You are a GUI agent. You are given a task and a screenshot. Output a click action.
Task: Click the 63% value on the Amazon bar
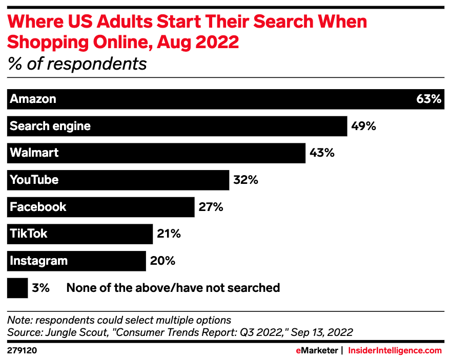(x=428, y=99)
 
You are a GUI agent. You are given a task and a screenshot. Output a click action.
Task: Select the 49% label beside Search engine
(x=363, y=126)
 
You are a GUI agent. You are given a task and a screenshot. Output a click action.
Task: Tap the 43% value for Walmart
(x=321, y=153)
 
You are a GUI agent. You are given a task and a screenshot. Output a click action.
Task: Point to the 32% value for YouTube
(x=245, y=180)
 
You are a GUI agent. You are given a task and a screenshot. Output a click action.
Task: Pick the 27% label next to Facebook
(x=210, y=207)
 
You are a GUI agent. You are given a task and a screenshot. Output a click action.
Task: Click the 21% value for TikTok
(x=168, y=234)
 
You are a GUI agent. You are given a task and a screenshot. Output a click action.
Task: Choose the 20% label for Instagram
(x=162, y=261)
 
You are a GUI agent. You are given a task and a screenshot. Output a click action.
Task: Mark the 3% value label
(x=40, y=288)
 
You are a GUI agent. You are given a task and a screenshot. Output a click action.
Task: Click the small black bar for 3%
(x=17, y=288)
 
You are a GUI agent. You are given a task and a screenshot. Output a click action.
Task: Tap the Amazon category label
(x=33, y=99)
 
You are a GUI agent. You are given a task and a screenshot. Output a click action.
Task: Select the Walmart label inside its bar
(x=34, y=153)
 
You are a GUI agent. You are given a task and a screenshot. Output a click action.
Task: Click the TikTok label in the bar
(x=29, y=234)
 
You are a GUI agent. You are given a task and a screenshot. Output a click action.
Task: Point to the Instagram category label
(x=39, y=261)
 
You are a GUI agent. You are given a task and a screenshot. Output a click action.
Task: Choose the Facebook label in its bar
(x=38, y=207)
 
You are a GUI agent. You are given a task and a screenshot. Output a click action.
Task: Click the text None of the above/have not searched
(x=173, y=288)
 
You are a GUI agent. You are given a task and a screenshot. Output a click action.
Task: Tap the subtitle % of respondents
(x=77, y=64)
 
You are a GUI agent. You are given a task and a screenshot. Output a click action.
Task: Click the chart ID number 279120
(x=22, y=351)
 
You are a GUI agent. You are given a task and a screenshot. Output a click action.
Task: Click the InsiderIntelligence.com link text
(x=395, y=351)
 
